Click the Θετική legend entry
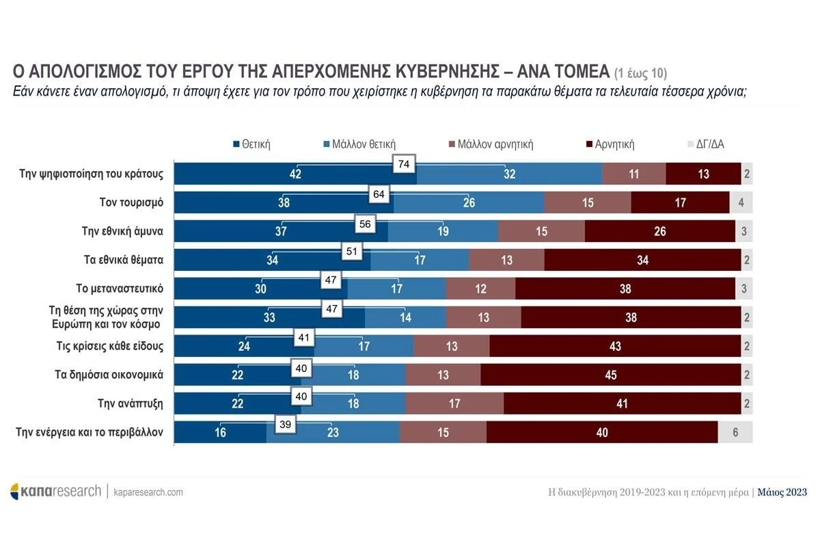pos(253,144)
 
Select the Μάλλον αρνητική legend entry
pos(491,144)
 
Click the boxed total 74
pos(404,165)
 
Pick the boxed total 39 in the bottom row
pos(286,425)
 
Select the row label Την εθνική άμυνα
pos(122,231)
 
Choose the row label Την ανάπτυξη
pos(131,404)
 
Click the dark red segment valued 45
pos(611,375)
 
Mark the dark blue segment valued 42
pos(295,174)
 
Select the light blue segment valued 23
pos(333,432)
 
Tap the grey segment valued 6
pos(735,432)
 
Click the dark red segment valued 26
pos(660,231)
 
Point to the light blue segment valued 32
pos(509,174)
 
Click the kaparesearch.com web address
pos(148,492)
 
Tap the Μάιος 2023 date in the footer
pos(782,492)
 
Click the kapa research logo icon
pos(15,491)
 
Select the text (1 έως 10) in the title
pos(640,72)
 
